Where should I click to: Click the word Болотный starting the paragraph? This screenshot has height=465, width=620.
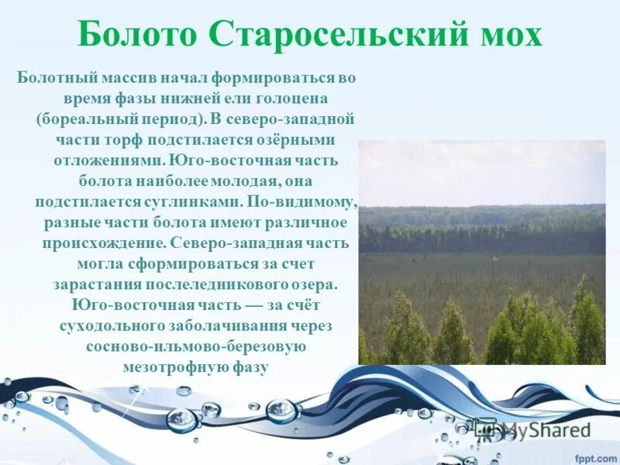click(x=52, y=79)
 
